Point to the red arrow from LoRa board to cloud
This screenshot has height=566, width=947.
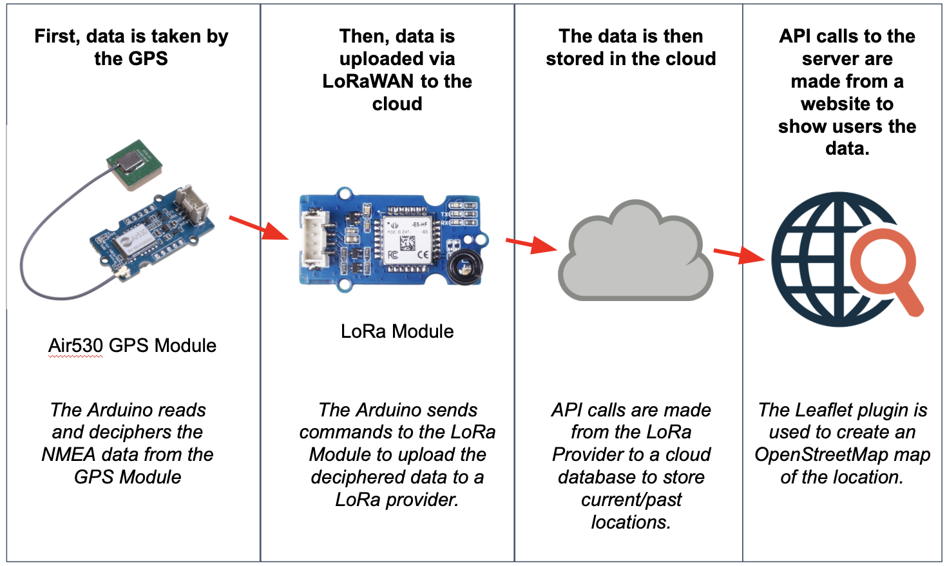(x=531, y=244)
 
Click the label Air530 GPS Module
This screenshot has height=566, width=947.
(x=132, y=346)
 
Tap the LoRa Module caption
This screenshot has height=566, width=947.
(x=397, y=331)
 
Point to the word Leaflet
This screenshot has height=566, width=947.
(x=826, y=410)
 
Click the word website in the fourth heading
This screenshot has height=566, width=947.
(x=837, y=104)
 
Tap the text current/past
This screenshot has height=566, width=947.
(x=631, y=500)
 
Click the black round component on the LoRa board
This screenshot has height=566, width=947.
(x=464, y=266)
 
